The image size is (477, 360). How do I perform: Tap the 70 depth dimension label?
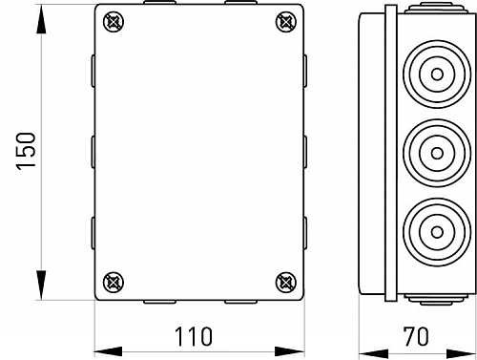point(416,336)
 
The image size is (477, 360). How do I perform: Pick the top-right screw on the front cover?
point(284,21)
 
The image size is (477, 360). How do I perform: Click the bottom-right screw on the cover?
point(284,281)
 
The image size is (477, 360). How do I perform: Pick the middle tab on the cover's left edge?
point(93,151)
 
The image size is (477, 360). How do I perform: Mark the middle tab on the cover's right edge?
point(306,151)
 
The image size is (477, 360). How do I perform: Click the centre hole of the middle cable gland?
point(432,151)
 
